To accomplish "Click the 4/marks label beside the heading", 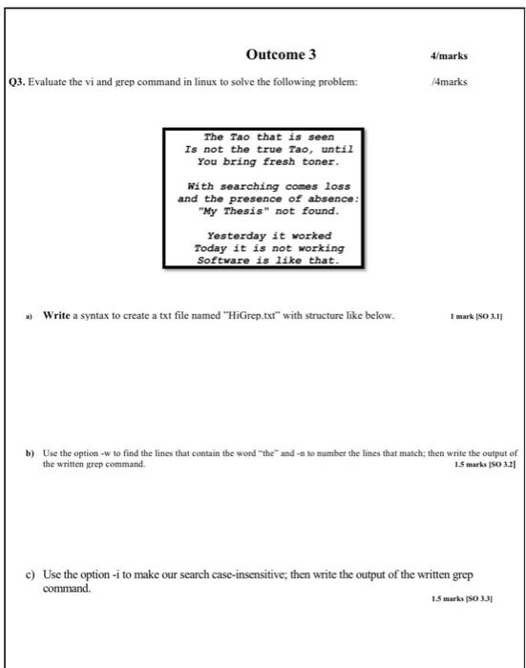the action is tap(449, 56).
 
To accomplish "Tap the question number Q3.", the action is tap(16, 82).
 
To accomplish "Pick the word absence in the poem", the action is tap(324, 199).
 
